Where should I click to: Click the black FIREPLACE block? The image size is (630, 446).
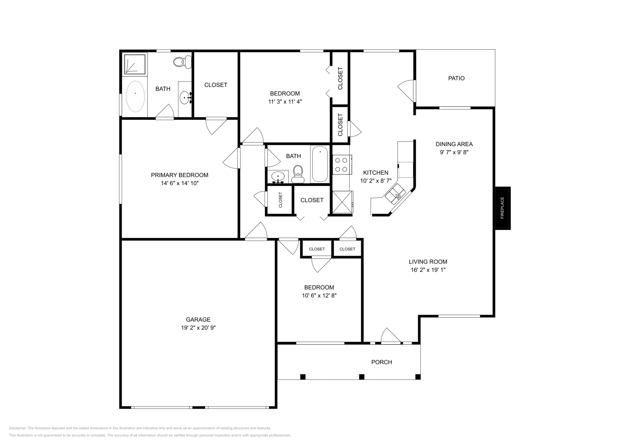[x=502, y=208]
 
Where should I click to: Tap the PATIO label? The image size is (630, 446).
[x=456, y=78]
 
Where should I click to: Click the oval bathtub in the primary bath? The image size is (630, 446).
[x=135, y=97]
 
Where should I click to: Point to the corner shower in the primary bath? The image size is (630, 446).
[x=135, y=64]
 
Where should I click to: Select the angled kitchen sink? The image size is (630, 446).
[x=395, y=194]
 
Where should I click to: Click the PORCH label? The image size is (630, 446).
[x=382, y=362]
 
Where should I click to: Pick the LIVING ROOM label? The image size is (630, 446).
[x=428, y=262]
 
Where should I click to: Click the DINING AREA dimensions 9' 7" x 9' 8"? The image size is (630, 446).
[x=454, y=152]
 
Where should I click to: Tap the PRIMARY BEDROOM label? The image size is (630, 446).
[x=180, y=175]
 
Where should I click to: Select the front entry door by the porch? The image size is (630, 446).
[x=390, y=337]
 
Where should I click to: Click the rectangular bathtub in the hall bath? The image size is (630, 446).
[x=320, y=164]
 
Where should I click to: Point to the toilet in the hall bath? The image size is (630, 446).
[x=298, y=175]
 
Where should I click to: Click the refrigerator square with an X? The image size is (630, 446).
[x=342, y=202]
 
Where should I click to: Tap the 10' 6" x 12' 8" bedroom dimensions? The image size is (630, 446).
[x=319, y=295]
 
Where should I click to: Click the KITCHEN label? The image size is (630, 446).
[x=375, y=173]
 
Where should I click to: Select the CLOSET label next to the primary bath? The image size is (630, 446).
[x=216, y=85]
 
